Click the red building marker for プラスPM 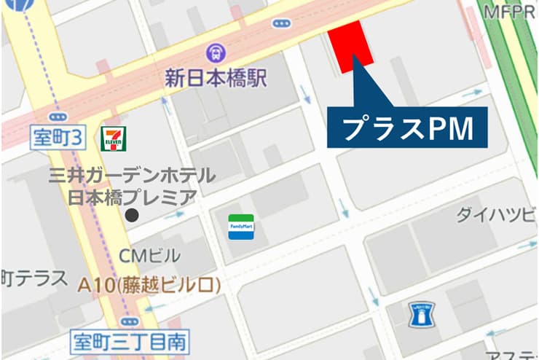[x=351, y=45]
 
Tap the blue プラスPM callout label [x=406, y=128]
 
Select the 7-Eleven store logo [x=114, y=138]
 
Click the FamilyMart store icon [x=241, y=227]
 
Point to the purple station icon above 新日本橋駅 [x=216, y=52]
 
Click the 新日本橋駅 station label [x=216, y=77]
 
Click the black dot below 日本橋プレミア [x=132, y=215]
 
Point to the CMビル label [x=152, y=256]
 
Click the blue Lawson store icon [x=420, y=315]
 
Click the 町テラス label [x=34, y=278]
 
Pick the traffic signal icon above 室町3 [x=57, y=117]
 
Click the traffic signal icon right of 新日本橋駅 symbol [x=281, y=24]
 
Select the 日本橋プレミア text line [x=132, y=196]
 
